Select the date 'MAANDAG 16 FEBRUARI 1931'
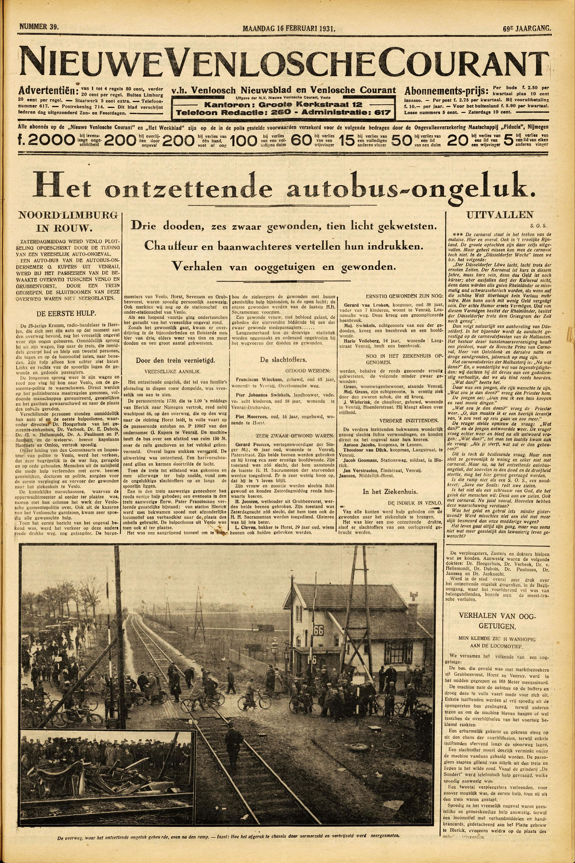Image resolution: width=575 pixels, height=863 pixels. (289, 28)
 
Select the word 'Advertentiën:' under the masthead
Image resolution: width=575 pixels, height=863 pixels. (48, 90)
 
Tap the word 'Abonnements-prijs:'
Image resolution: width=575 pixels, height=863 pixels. (446, 91)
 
